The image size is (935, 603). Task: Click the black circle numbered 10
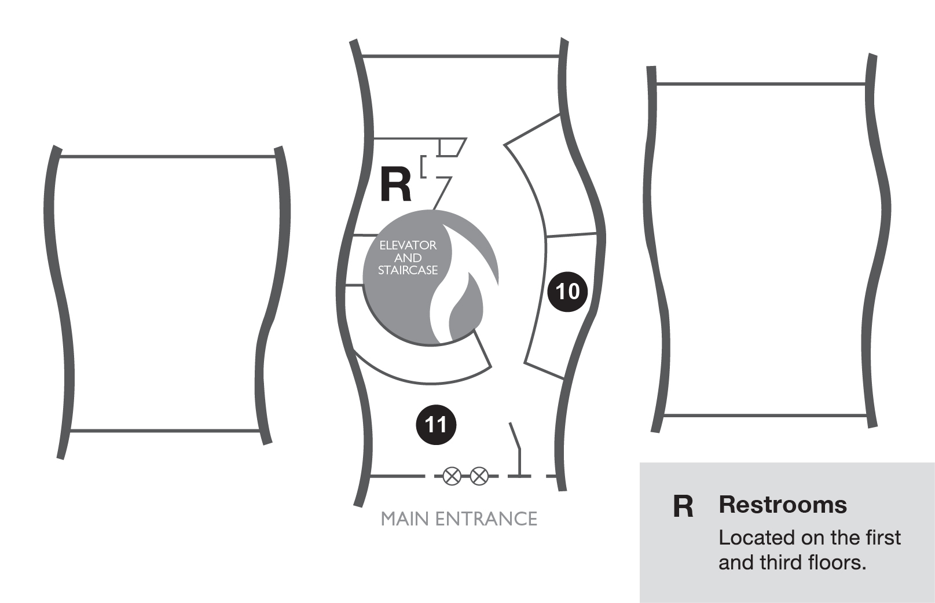(x=567, y=291)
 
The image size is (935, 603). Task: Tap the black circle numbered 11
(x=436, y=425)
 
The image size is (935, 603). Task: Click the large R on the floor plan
(x=395, y=185)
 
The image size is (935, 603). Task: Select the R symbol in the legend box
(x=683, y=506)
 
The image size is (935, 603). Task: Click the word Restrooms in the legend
(x=783, y=505)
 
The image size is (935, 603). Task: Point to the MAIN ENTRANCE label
(x=459, y=519)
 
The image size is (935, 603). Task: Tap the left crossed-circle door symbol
(x=452, y=476)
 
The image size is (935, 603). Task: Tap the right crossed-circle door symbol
(x=479, y=476)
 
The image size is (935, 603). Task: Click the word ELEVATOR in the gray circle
(x=408, y=245)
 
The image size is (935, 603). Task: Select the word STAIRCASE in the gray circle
(x=408, y=270)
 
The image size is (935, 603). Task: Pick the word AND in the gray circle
(x=408, y=258)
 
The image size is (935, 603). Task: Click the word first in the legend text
(x=883, y=538)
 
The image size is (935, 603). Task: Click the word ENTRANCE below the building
(x=486, y=519)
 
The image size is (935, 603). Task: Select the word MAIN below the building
(x=405, y=519)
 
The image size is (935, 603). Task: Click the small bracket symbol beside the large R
(x=424, y=166)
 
